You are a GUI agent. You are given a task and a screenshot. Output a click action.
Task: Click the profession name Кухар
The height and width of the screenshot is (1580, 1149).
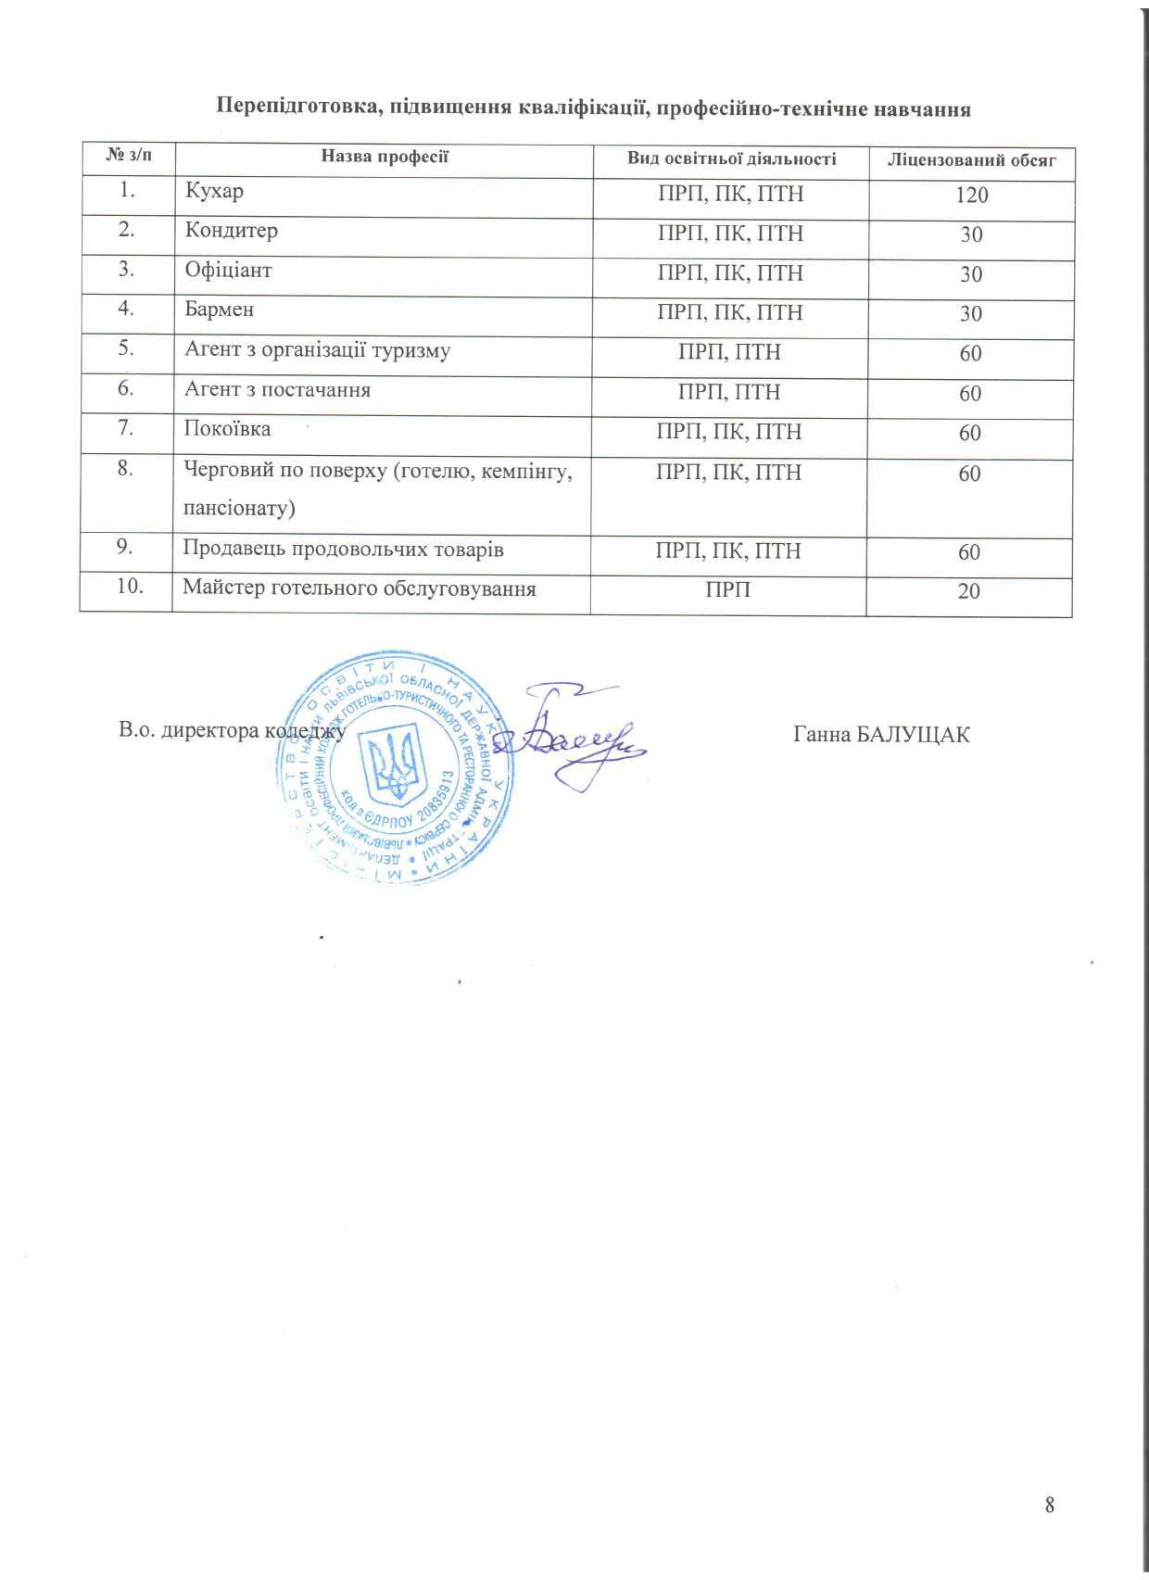[214, 192]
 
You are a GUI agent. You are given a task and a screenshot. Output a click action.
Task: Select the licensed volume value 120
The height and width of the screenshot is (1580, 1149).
[971, 196]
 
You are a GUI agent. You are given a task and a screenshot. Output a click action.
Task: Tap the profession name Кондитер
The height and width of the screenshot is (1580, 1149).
[231, 231]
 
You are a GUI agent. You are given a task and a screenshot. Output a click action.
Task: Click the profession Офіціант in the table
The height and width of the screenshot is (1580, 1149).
[228, 271]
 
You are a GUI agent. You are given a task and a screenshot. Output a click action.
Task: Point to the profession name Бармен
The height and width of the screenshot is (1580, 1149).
[220, 310]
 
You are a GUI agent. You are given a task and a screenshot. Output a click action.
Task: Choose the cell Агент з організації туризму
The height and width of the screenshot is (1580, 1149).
[318, 350]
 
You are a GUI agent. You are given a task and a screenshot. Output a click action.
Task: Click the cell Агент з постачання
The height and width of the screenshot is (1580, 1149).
[278, 390]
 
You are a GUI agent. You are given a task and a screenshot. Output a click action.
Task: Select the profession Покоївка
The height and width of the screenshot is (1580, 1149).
[227, 429]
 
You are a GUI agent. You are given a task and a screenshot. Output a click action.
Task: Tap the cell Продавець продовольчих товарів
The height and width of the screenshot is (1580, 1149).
[343, 550]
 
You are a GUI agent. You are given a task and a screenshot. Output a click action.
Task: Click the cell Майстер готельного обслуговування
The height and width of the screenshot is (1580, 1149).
[360, 588]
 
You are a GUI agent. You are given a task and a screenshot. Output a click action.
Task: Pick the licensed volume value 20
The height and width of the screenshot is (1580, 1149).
[968, 591]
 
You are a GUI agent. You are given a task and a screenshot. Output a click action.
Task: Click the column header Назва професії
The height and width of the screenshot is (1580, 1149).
[385, 157]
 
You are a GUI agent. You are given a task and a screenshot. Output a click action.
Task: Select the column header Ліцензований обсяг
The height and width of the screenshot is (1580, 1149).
[971, 161]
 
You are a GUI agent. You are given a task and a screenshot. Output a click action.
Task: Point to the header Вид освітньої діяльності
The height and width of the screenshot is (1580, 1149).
[731, 159]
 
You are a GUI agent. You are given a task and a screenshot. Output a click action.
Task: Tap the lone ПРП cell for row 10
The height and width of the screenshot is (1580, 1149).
[728, 590]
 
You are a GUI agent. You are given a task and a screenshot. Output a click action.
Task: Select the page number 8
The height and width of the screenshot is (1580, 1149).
[1050, 1504]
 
